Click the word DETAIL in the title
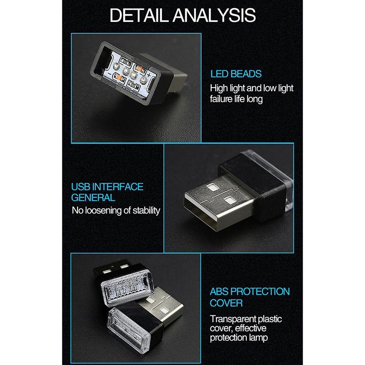point(139,16)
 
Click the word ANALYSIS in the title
point(214,16)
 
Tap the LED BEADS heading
point(236,74)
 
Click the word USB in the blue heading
point(81,187)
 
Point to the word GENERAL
point(93,198)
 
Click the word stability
point(146,210)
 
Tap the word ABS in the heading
point(219,292)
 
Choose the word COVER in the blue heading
point(226,303)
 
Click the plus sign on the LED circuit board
point(149,75)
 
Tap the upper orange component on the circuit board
point(140,68)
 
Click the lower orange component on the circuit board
point(119,78)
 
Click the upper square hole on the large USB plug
point(212,187)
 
